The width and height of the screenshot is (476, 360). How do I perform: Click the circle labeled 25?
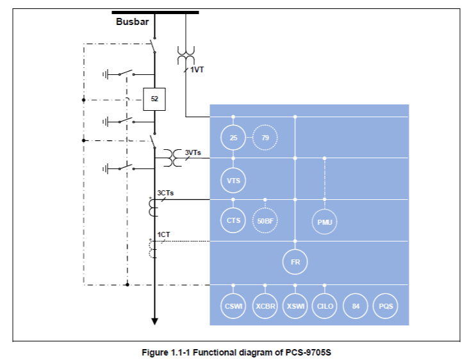coord(233,137)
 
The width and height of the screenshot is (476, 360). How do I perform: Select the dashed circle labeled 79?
coord(265,137)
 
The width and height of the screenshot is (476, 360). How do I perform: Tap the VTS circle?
coord(233,180)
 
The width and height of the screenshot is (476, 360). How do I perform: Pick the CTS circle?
coord(233,220)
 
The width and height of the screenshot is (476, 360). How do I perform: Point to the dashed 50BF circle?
coord(265,220)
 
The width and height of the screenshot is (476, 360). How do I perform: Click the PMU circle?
coord(325,222)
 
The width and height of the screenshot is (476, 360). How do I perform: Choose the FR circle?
coord(295,261)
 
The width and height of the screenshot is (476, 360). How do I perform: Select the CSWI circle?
coord(233,306)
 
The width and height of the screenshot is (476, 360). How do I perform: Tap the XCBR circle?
coord(265,306)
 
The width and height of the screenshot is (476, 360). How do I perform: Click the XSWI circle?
coord(295,306)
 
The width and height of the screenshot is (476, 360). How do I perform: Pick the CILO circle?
coord(325,306)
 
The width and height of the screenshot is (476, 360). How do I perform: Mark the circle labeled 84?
coord(355,306)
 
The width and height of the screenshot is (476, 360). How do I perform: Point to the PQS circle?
coord(385,306)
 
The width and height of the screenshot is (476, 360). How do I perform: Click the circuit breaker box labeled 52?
coord(154,99)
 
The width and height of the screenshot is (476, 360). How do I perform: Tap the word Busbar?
coord(132,22)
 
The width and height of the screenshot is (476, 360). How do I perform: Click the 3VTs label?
coord(193,152)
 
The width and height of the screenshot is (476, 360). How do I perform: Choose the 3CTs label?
coord(165,192)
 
